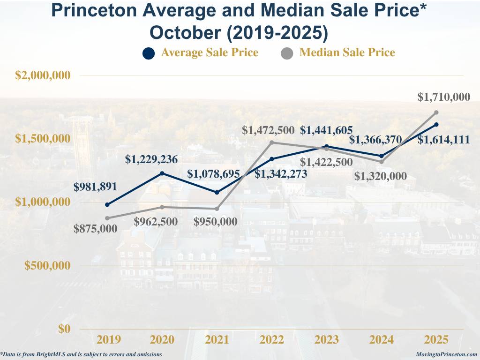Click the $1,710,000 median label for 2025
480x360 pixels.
[x=443, y=97]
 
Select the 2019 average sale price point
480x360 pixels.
[x=107, y=204]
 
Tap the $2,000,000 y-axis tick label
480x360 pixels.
[x=43, y=75]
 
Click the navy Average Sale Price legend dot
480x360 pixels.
[x=148, y=53]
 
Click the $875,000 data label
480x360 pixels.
[x=95, y=229]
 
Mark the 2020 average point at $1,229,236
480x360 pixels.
[x=162, y=173]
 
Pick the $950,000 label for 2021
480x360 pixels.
[x=215, y=222]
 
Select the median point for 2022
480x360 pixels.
[x=272, y=142]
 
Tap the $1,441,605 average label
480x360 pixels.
[x=326, y=130]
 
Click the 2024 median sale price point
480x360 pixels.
[x=382, y=162]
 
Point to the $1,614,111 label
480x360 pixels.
[x=443, y=139]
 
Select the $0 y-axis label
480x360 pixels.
[x=64, y=329]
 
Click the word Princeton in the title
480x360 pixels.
[x=98, y=10]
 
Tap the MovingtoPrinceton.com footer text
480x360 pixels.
[x=446, y=355]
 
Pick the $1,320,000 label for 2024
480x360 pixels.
[x=380, y=177]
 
